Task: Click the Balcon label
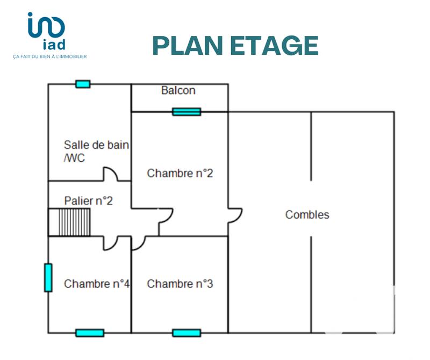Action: (x=178, y=90)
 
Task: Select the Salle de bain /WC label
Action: (x=96, y=151)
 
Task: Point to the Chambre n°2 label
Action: (x=180, y=173)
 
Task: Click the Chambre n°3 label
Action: (x=180, y=284)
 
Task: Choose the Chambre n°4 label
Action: (x=97, y=284)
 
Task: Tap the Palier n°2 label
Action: (x=88, y=201)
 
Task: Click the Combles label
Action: (x=307, y=215)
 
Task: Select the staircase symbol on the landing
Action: (x=70, y=222)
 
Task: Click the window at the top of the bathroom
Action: (x=83, y=84)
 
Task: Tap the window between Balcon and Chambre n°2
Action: (x=186, y=112)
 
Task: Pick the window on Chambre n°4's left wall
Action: (x=48, y=278)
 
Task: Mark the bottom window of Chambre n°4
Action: (x=89, y=333)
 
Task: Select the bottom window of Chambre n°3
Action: (x=186, y=333)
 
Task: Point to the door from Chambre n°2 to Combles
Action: (x=234, y=215)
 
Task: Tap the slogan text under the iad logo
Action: (x=49, y=56)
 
